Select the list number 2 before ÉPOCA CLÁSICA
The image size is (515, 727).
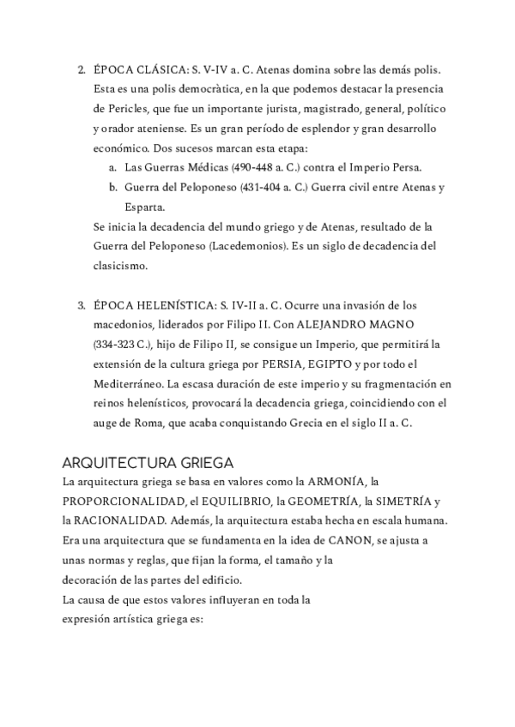81,69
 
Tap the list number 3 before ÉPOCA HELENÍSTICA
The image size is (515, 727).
81,305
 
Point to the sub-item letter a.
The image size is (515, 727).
112,167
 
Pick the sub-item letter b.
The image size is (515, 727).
112,187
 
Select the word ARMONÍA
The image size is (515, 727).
324,482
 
